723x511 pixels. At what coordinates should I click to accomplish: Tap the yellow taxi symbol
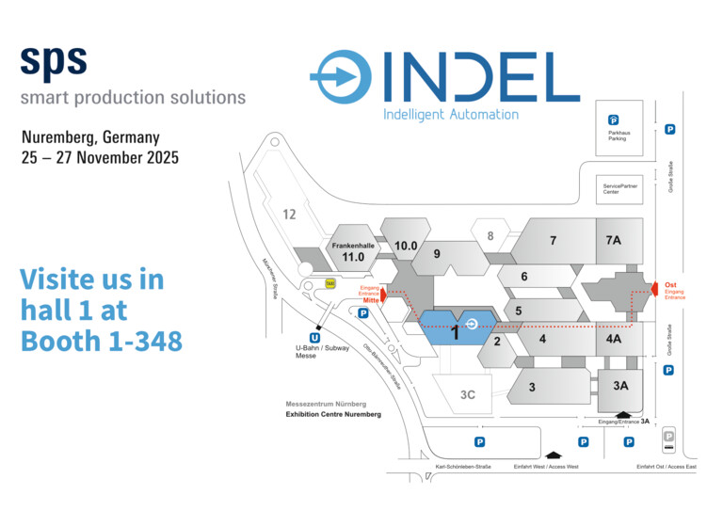coord(330,283)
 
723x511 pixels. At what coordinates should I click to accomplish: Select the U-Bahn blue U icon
coord(314,338)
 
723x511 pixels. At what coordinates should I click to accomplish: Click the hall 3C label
coord(468,395)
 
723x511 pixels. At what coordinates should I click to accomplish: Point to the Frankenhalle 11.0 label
coord(353,252)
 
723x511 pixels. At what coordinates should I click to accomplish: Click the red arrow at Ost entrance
coord(654,289)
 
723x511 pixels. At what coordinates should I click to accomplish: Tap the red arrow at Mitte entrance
coord(383,295)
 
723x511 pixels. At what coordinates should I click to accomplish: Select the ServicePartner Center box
coord(619,189)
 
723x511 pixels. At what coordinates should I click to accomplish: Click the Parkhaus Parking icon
coord(613,120)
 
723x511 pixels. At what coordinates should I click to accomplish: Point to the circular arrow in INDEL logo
coord(341,76)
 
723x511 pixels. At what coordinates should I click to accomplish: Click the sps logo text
coord(54,63)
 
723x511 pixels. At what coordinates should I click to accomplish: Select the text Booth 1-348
coord(102,341)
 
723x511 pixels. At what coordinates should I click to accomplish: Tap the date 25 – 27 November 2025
coord(100,157)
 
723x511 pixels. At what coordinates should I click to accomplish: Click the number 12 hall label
coord(289,215)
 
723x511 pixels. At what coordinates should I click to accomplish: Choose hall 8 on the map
coord(490,236)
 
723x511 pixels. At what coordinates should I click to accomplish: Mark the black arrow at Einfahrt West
coord(554,455)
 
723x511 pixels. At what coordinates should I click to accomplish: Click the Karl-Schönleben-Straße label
coord(463,467)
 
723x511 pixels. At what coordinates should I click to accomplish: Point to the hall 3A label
coord(620,386)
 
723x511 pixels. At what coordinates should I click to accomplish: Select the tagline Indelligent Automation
coord(451,115)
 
